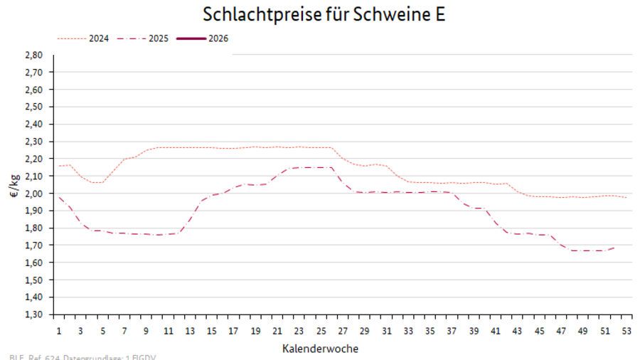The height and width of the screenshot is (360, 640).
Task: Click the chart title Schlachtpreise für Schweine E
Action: tap(324, 15)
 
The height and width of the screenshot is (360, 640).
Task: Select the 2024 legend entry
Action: tap(98, 38)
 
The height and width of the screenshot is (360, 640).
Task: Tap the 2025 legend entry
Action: tap(159, 38)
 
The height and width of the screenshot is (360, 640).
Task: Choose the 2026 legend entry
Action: tap(218, 38)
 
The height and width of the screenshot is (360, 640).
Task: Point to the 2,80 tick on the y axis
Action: tap(34, 55)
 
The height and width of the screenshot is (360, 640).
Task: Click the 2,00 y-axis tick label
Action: tap(34, 194)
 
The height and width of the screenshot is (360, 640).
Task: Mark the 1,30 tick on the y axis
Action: tap(34, 314)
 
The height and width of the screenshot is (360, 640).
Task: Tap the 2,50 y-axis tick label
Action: tap(34, 107)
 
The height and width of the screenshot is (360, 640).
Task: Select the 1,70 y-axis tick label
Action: tap(34, 245)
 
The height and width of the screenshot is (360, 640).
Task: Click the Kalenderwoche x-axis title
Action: tap(320, 349)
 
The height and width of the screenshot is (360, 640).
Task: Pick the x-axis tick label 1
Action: tap(58, 331)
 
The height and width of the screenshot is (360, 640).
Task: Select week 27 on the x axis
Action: tap(342, 331)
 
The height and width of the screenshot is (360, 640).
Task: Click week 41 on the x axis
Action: tap(495, 331)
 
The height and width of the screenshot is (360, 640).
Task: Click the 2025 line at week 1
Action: tap(58, 197)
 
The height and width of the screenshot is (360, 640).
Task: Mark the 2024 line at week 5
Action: tap(102, 182)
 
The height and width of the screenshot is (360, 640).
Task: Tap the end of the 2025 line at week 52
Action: tap(615, 248)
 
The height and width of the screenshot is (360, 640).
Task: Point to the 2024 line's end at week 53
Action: tap(626, 197)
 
